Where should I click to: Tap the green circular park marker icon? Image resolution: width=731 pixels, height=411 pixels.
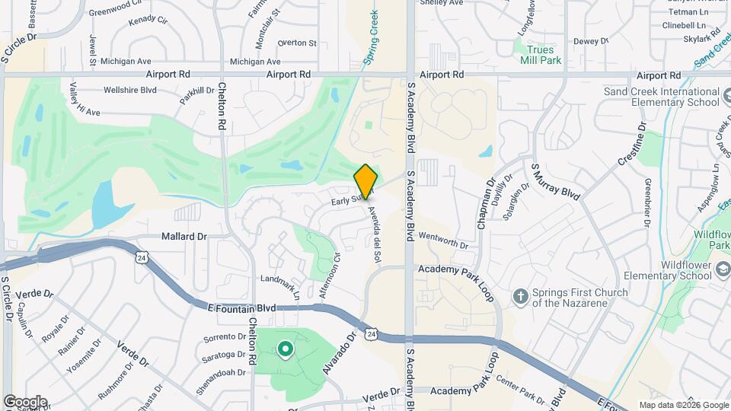click(x=286, y=349)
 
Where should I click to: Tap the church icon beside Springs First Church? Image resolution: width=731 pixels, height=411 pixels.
click(x=521, y=296)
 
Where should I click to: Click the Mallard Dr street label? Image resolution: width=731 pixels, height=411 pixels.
click(x=184, y=237)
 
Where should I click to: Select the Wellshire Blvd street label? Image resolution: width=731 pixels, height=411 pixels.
click(x=129, y=90)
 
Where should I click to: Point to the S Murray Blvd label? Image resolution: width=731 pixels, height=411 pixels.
click(x=556, y=181)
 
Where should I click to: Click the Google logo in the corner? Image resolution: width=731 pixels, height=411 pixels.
click(x=25, y=401)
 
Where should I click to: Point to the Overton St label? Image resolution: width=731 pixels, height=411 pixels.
click(x=297, y=43)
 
